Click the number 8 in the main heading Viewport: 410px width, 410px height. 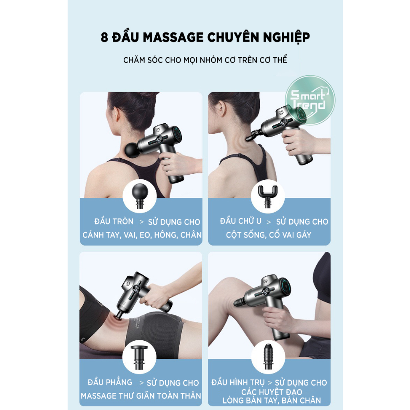105,38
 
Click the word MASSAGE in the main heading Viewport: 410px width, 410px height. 173,37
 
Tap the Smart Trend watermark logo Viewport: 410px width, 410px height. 310,100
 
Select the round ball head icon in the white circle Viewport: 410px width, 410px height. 140,195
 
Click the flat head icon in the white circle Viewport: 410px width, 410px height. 139,357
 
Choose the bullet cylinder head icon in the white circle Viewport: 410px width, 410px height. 268,356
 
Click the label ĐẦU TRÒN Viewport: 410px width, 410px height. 114,221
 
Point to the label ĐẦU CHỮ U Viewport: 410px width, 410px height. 241,221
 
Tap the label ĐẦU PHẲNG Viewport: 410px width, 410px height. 110,382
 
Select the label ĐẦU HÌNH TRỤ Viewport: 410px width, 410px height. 238,382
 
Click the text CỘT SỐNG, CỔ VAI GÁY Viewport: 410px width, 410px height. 269,235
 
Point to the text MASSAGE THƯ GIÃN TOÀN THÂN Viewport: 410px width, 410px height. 141,395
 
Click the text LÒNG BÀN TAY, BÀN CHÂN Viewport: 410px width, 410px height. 272,400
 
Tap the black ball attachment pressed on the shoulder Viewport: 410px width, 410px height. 133,149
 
